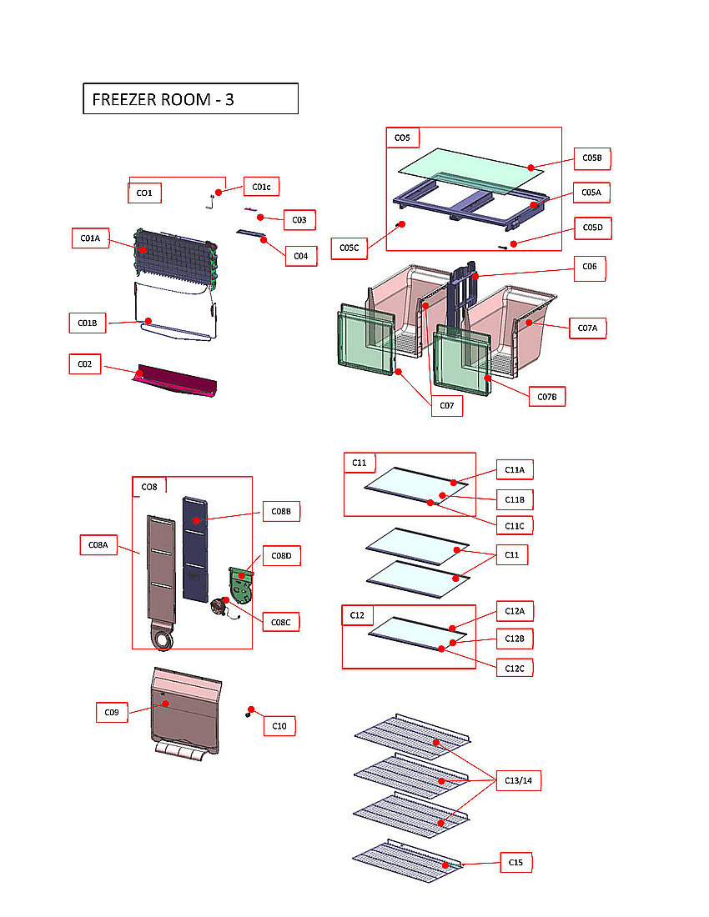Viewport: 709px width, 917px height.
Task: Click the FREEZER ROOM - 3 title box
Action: (190, 98)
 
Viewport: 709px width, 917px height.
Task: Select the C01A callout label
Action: (90, 238)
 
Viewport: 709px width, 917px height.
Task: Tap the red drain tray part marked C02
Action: (178, 381)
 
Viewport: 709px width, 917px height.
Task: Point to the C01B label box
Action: (88, 322)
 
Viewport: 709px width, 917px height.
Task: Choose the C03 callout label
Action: (299, 220)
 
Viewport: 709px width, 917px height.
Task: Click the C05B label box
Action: (592, 158)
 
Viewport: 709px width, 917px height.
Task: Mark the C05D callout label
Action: (592, 228)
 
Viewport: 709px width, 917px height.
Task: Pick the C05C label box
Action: (349, 248)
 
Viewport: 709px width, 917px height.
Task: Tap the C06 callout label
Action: (589, 268)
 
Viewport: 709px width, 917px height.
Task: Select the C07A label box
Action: (587, 328)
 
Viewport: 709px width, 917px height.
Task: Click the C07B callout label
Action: (547, 396)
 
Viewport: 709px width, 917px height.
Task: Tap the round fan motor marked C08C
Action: (223, 607)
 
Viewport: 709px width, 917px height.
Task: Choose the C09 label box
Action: (111, 713)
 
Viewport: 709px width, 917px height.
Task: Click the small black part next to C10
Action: (249, 713)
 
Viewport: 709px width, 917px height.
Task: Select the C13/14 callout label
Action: (518, 781)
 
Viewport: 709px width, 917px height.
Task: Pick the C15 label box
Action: (515, 863)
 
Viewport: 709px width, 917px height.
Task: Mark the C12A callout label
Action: (515, 611)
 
